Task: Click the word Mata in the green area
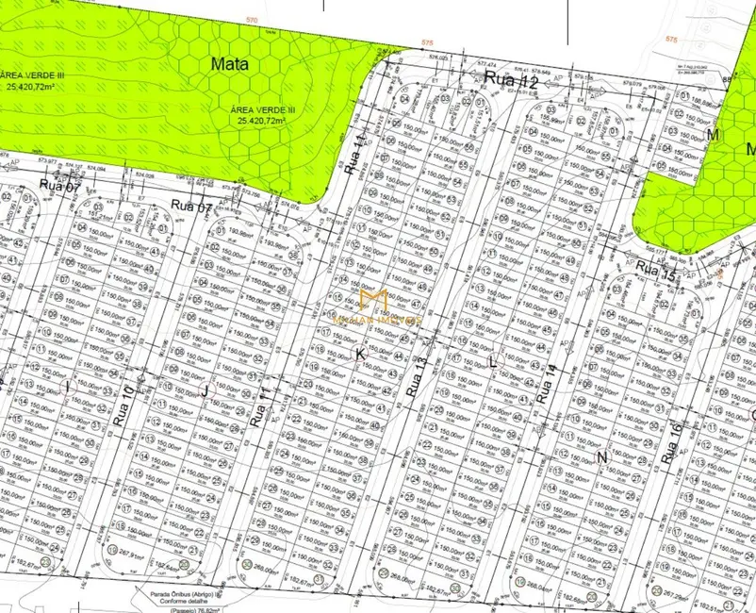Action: [x=230, y=64]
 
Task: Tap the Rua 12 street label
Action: [x=511, y=82]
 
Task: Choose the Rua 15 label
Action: [x=656, y=273]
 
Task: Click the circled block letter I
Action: [x=68, y=387]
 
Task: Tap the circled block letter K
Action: [x=359, y=353]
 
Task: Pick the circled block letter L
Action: [x=492, y=362]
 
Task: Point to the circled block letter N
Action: [x=601, y=456]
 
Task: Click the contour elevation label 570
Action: [x=251, y=20]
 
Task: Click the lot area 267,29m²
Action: [x=670, y=595]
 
